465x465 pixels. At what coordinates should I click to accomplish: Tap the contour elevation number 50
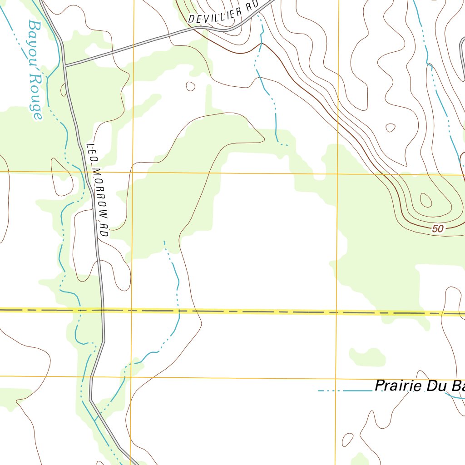coord(438,229)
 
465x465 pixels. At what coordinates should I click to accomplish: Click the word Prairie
coord(397,386)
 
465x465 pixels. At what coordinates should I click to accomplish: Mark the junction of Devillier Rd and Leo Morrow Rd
coord(65,66)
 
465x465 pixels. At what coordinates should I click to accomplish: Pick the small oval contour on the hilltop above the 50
coord(426,199)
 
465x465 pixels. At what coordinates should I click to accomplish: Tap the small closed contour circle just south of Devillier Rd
coord(191,86)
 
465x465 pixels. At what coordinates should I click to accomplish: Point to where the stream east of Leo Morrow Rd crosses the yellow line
coord(178,311)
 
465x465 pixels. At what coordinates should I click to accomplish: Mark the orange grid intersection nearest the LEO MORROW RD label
coord(132,172)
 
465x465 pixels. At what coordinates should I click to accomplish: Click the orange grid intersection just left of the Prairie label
coord(336,379)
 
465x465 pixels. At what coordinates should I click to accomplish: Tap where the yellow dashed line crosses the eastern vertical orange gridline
coord(336,312)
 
